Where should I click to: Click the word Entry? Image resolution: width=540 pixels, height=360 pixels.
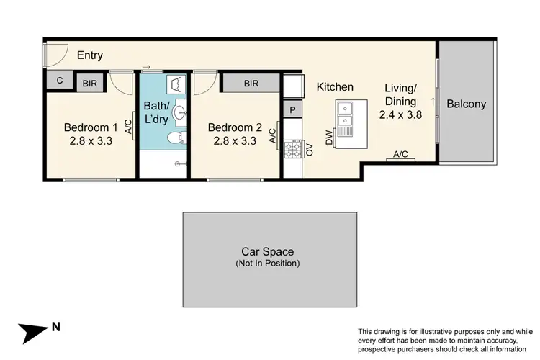[x=91, y=55]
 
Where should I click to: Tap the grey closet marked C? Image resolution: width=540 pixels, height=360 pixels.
[x=58, y=83]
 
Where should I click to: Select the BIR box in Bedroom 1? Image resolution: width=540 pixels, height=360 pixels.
[x=91, y=84]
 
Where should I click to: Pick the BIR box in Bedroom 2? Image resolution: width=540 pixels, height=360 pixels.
[x=251, y=84]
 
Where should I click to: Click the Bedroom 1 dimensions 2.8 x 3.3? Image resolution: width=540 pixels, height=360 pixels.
[x=91, y=141]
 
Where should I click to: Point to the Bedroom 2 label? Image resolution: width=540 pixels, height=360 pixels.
[x=233, y=127]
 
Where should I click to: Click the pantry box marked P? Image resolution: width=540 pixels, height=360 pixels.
[x=292, y=110]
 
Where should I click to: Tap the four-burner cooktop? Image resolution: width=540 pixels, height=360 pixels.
[x=294, y=150]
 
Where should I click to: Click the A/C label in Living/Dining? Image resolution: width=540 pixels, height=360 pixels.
[x=400, y=154]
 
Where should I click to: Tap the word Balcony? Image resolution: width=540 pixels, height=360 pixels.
[x=466, y=104]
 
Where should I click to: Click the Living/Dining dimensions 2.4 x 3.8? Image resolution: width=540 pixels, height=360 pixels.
[x=400, y=114]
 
